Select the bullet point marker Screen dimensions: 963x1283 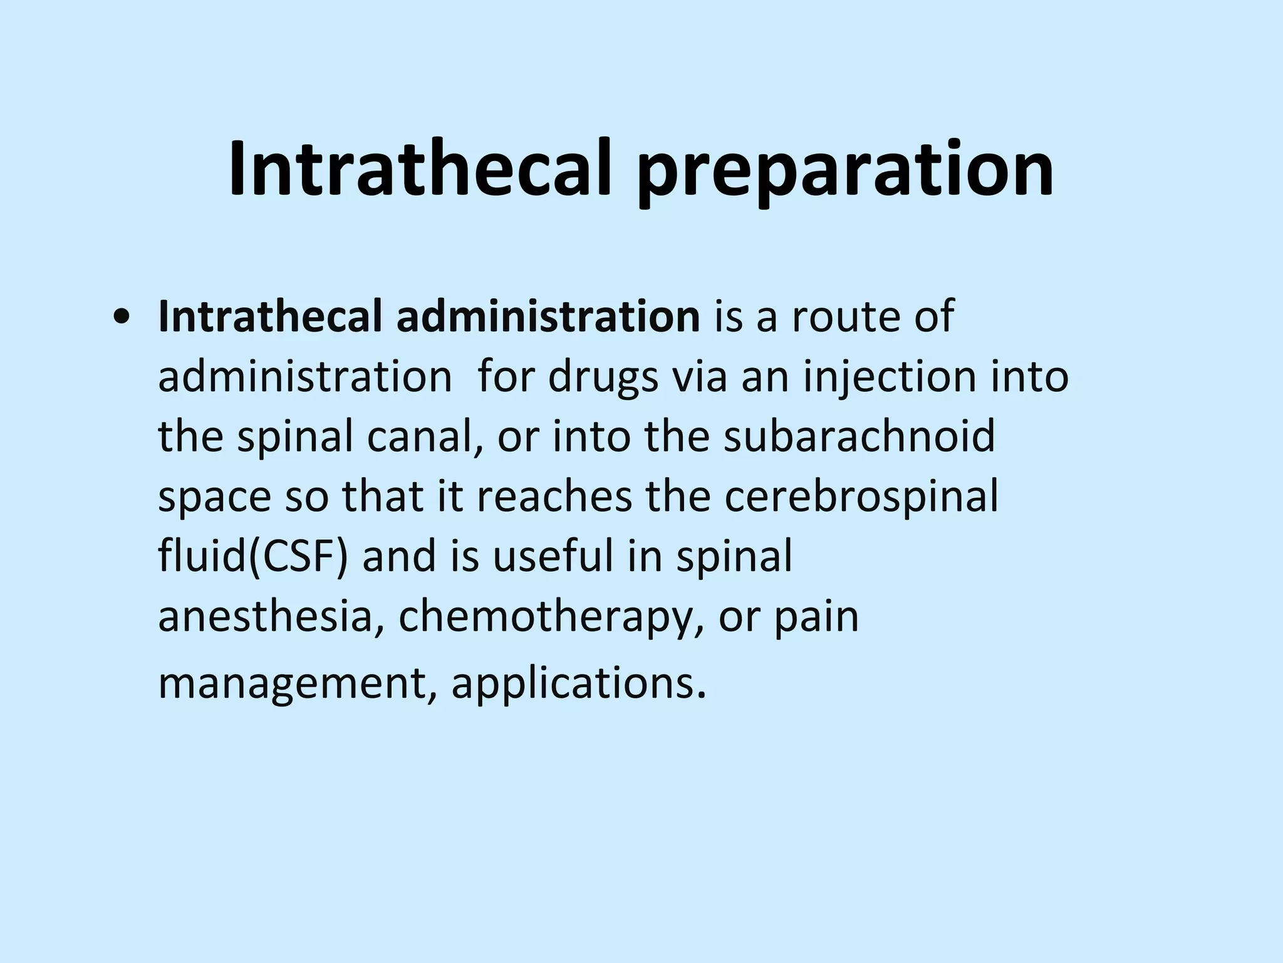click(x=119, y=318)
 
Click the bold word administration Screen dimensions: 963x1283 click(x=548, y=317)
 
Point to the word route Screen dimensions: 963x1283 click(x=846, y=317)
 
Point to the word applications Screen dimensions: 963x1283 click(x=579, y=683)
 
